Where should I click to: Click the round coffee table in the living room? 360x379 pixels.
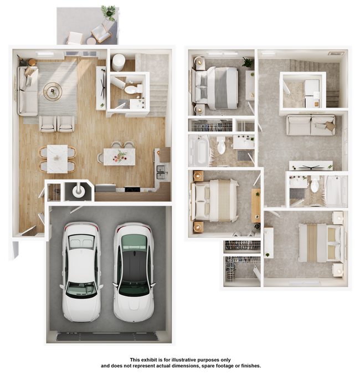click(x=53, y=91)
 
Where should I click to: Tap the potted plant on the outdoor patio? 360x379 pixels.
click(x=109, y=13)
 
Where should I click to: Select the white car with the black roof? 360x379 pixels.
click(x=133, y=272)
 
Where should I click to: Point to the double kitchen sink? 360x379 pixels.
click(x=161, y=172)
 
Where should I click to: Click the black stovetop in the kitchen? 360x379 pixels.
click(x=132, y=189)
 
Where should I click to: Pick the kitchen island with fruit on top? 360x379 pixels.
click(x=120, y=157)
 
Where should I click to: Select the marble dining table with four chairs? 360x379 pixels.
click(x=57, y=159)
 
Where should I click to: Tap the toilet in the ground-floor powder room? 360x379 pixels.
click(x=133, y=89)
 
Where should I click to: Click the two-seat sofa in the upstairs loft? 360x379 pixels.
click(x=311, y=125)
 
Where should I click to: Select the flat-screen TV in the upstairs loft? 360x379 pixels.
click(x=311, y=166)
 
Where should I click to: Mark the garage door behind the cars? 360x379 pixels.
click(x=107, y=336)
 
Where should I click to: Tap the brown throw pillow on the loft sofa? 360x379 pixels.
click(x=330, y=126)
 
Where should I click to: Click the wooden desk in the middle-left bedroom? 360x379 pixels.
click(x=256, y=206)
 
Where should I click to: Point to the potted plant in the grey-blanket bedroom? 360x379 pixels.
click(x=248, y=62)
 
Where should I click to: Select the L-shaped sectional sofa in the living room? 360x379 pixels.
click(x=27, y=91)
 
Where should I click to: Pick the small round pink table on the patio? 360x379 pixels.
click(x=91, y=41)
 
